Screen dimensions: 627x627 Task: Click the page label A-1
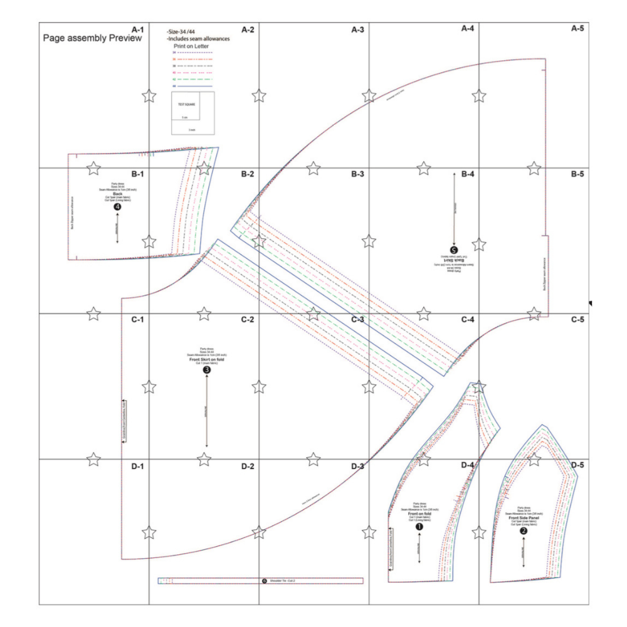coord(137,29)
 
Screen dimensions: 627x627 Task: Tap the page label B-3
coord(357,174)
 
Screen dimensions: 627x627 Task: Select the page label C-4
coord(468,320)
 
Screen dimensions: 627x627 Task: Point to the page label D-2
coord(247,466)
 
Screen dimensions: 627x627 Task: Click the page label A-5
coord(577,29)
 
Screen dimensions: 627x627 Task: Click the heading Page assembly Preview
coord(92,38)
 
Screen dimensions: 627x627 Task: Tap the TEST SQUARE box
coord(192,113)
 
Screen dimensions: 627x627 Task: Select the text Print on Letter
coord(196,46)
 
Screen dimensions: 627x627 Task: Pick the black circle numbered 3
coord(207,371)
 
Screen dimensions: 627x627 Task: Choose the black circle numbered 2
coord(524,530)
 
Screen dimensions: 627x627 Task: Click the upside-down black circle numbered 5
coord(454,249)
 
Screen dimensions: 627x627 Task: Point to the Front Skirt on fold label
coord(207,359)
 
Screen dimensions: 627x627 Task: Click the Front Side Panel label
coord(524,518)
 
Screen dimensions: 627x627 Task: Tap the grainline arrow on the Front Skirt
coord(207,414)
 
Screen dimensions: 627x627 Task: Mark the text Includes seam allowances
coord(198,38)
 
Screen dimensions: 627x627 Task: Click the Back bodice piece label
coord(117,194)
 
